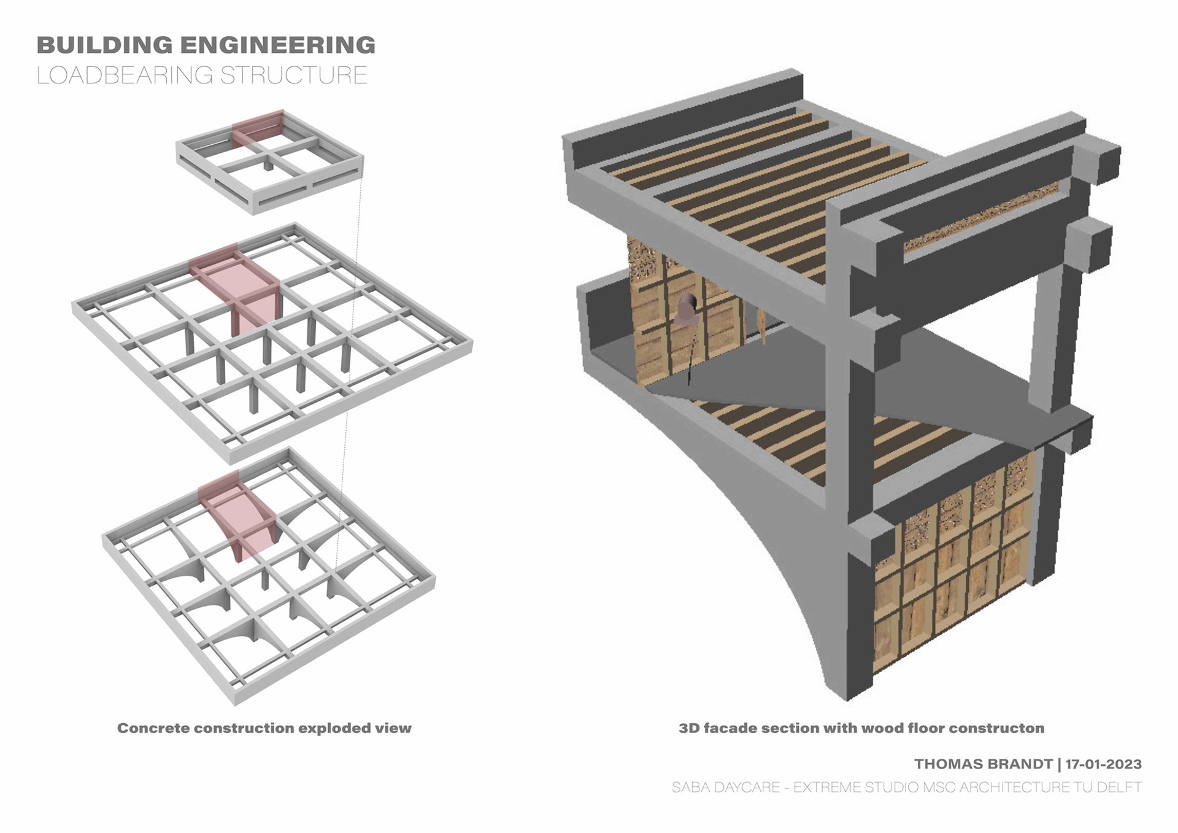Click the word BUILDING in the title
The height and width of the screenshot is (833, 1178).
104,45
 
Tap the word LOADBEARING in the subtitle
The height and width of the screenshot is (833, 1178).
125,76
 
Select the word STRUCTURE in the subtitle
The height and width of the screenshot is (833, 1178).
294,76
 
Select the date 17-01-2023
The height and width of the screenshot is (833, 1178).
1103,764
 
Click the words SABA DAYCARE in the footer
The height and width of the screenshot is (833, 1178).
725,787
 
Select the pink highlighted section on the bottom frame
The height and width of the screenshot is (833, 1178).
239,516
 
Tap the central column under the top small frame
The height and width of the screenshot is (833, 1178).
268,165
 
